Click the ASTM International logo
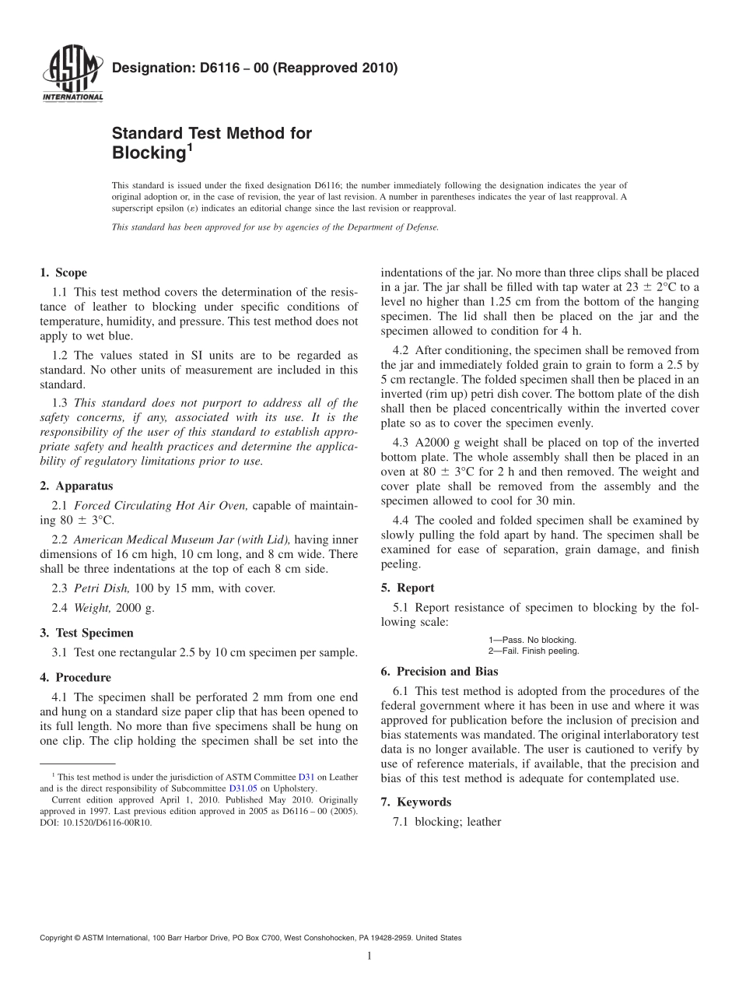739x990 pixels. point(72,75)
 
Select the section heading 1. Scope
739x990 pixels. point(63,272)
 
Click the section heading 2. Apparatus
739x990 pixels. point(76,486)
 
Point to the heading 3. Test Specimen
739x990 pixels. point(86,633)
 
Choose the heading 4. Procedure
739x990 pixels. point(75,677)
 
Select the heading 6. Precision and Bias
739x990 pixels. point(440,671)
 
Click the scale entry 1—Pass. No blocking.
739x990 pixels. point(532,640)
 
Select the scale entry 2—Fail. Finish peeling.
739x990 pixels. point(534,651)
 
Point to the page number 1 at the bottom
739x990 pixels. point(369,957)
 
